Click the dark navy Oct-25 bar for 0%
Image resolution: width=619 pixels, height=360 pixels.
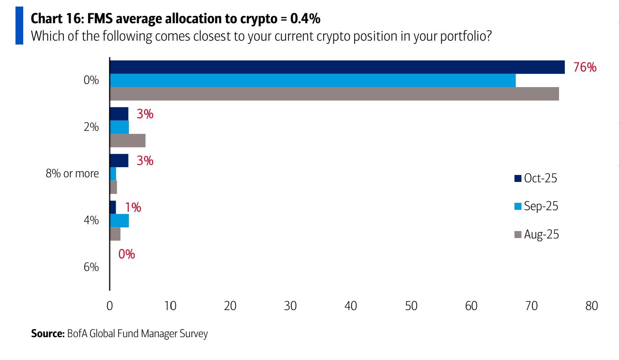337,67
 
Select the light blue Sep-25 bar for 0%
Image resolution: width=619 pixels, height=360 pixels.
313,81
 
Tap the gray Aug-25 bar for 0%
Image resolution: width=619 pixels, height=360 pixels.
334,94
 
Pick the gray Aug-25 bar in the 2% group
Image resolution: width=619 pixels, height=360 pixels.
128,141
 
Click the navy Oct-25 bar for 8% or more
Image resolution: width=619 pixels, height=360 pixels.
119,161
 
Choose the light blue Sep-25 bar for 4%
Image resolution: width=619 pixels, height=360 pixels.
120,221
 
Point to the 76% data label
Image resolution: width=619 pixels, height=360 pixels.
585,67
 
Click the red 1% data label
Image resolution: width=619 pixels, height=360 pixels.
133,208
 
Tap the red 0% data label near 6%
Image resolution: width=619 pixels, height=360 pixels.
127,254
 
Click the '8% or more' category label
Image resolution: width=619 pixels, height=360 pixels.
72,174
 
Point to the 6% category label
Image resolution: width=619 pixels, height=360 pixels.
91,267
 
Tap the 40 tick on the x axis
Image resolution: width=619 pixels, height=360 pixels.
351,306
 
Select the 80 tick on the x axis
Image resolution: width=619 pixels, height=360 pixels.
592,306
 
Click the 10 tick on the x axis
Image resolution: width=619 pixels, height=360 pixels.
170,306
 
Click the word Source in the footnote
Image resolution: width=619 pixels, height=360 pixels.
47,334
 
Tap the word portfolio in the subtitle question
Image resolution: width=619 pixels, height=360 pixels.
462,36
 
